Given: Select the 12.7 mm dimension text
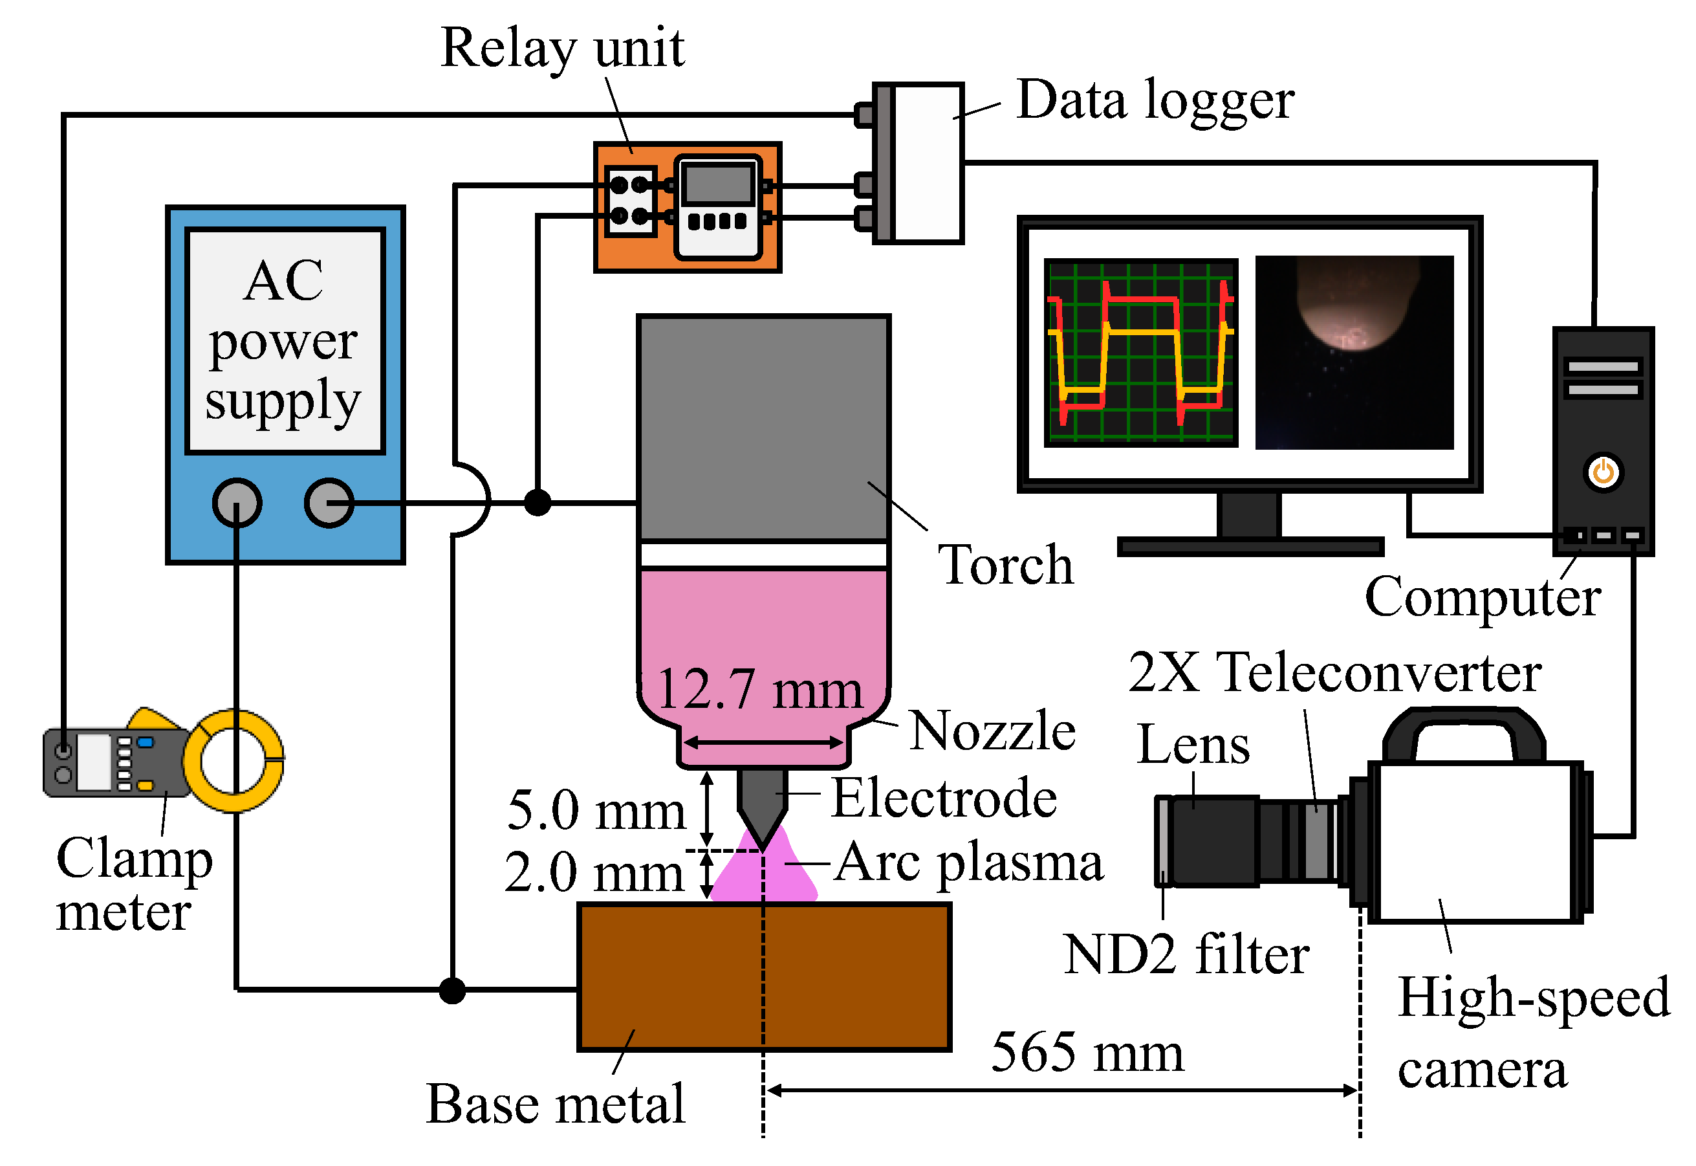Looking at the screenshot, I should coord(759,690).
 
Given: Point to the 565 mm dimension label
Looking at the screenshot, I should coord(1087,1053).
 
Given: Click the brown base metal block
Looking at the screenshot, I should coord(764,978).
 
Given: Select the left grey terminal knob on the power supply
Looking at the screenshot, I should coord(237,503).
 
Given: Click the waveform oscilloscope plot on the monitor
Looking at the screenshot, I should coord(1140,353).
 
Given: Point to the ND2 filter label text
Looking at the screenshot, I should coord(1186,954).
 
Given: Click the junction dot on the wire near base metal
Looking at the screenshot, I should coord(452,991).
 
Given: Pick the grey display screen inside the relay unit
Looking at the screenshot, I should coord(718,182).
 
